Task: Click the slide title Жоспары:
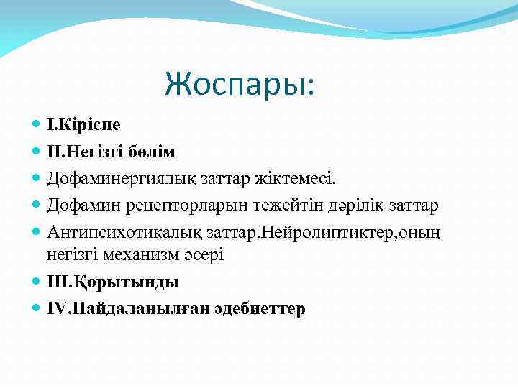240,85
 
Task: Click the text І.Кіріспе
84,124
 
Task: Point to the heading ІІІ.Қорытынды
113,282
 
